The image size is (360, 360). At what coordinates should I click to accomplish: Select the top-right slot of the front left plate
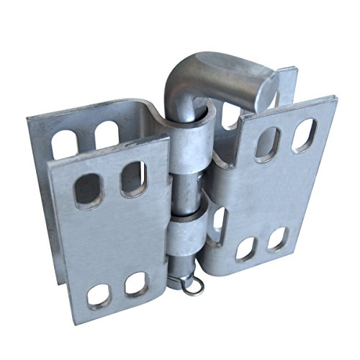point(134,176)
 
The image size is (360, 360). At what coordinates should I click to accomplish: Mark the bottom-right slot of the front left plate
point(135,285)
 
